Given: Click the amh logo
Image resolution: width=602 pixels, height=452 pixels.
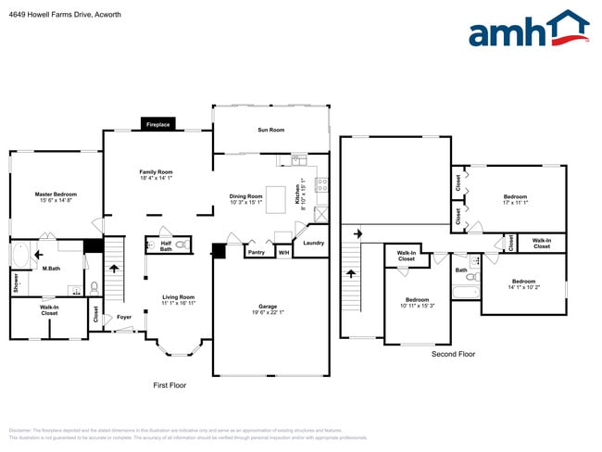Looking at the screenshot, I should pyautogui.click(x=528, y=30).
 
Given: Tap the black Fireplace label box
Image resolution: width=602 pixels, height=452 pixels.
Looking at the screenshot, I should pyautogui.click(x=158, y=124).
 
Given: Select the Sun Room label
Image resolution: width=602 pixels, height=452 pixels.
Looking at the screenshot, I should pyautogui.click(x=270, y=131).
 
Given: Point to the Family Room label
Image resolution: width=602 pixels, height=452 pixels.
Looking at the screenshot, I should pyautogui.click(x=156, y=172).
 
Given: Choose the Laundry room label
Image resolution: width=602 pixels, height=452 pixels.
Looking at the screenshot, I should pyautogui.click(x=313, y=243).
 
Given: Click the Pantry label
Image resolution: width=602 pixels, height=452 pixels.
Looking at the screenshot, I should pyautogui.click(x=257, y=251).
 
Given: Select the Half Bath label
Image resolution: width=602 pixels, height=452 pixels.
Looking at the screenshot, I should pyautogui.click(x=165, y=245).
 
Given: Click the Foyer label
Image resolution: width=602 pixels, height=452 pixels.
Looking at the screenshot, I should pyautogui.click(x=123, y=317).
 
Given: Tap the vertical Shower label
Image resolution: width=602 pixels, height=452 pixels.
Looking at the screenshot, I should pyautogui.click(x=16, y=282).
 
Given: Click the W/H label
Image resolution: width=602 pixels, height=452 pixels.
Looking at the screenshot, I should pyautogui.click(x=283, y=251).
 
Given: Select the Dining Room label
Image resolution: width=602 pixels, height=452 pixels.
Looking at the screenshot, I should pyautogui.click(x=247, y=195).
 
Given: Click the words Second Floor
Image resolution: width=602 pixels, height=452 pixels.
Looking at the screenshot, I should pyautogui.click(x=453, y=354).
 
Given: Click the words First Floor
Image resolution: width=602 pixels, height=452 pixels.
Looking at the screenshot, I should pyautogui.click(x=169, y=384).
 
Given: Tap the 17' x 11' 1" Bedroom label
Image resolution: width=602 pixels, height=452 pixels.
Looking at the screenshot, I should pyautogui.click(x=515, y=196).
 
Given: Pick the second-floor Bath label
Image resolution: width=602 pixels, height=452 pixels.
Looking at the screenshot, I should pyautogui.click(x=460, y=270).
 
